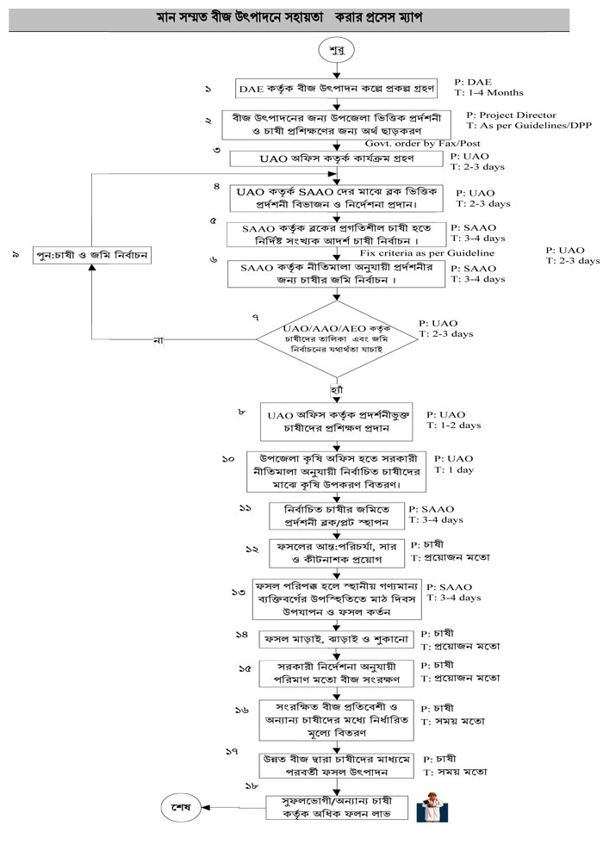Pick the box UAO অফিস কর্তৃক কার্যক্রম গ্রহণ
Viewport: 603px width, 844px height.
(x=336, y=159)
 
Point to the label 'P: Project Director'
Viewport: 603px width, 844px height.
(x=511, y=115)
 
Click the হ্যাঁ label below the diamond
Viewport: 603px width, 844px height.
(x=338, y=393)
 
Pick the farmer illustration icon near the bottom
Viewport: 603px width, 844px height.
(x=429, y=808)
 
